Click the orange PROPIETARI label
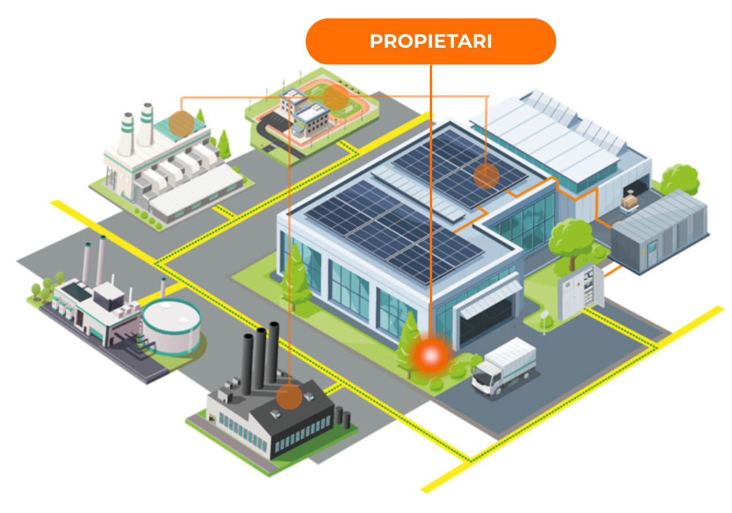430,41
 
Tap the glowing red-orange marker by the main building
431,354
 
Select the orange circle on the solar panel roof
486,176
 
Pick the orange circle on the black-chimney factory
289,397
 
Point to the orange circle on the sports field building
336,98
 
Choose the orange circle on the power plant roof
182,123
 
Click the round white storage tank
171,326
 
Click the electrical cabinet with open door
580,292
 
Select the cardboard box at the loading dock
630,202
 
